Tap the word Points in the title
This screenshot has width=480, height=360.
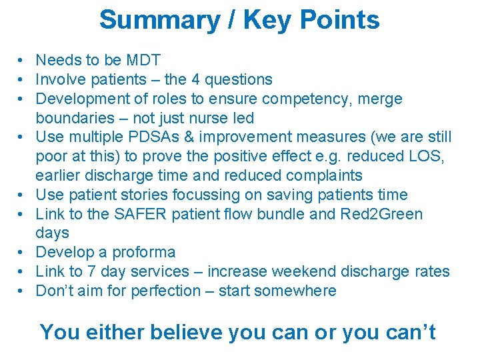[339, 20]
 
